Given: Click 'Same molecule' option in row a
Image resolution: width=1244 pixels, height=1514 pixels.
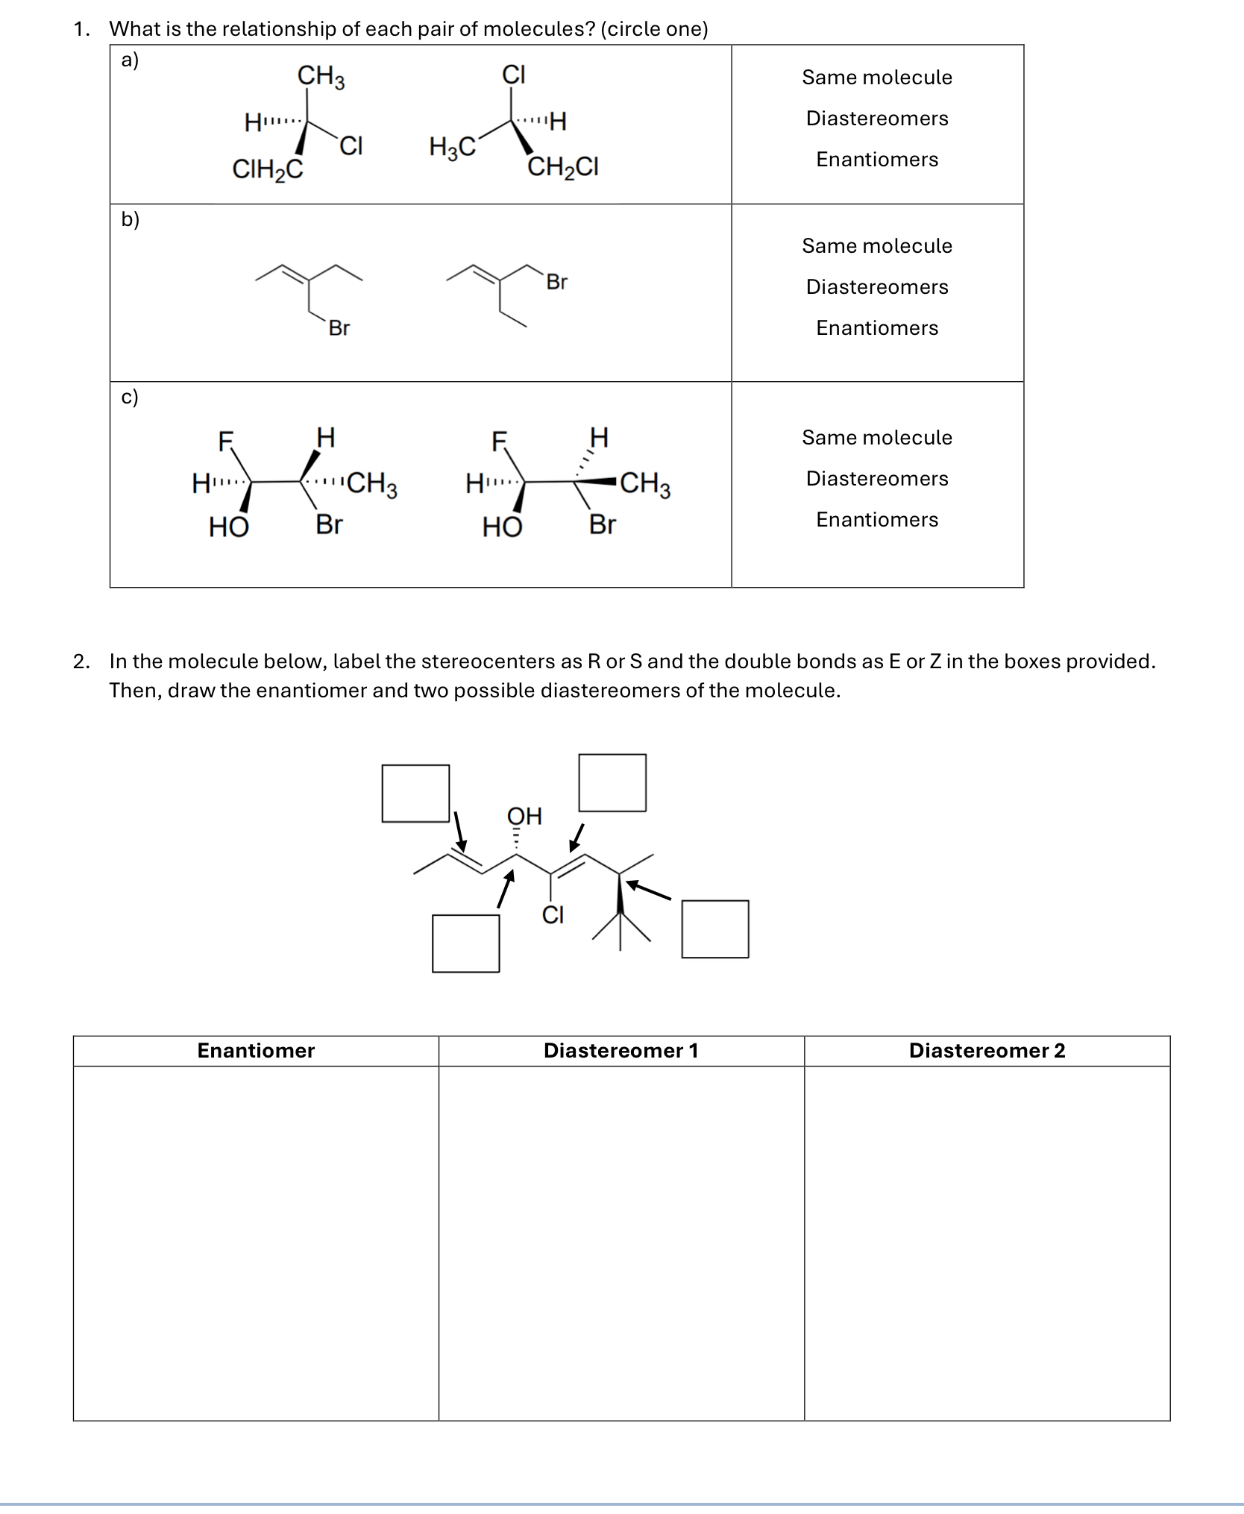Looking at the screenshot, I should tap(876, 78).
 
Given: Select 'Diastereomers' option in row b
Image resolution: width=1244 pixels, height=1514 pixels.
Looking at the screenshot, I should tap(876, 287).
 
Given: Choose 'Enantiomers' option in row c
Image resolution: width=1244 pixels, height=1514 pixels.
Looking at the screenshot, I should tap(876, 520).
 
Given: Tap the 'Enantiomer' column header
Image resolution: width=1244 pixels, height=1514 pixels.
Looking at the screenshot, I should tap(256, 1051).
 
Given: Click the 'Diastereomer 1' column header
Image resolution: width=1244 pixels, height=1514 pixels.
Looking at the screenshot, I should tap(621, 1051).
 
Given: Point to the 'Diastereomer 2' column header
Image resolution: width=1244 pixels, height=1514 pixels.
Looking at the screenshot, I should tap(987, 1051).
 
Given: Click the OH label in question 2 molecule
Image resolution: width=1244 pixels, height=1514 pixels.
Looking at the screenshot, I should tap(524, 816).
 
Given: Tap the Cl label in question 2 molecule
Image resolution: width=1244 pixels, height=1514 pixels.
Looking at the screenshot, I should tap(553, 914).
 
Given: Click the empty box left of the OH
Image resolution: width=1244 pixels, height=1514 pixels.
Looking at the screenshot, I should tap(415, 794).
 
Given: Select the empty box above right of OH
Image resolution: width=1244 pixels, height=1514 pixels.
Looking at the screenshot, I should tap(612, 782).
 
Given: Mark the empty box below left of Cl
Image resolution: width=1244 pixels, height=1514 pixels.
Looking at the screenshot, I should tap(465, 943).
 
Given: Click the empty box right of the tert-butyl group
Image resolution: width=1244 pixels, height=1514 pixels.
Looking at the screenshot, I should tap(715, 929).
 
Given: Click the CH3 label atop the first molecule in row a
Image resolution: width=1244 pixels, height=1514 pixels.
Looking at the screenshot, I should tap(321, 76).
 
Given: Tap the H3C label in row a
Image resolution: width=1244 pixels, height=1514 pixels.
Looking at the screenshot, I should tap(452, 147).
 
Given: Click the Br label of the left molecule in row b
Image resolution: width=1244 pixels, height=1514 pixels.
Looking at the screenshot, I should tap(339, 328).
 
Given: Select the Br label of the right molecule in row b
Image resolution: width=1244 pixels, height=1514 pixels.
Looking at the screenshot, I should tap(556, 282).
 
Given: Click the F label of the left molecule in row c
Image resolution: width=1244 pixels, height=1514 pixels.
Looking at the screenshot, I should tap(225, 442).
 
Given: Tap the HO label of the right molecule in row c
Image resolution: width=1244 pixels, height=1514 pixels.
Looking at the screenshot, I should tap(502, 527).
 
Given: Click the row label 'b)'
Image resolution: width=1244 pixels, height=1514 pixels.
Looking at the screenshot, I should tap(130, 219).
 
